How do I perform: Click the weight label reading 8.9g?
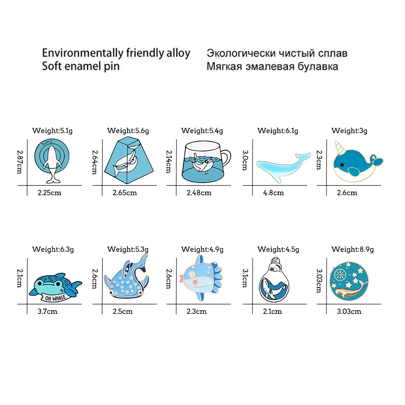click(x=353, y=249)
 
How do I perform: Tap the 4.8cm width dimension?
click(x=273, y=193)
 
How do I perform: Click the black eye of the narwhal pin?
click(x=342, y=165)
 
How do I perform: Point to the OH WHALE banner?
click(x=55, y=298)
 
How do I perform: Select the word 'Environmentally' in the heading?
click(x=83, y=53)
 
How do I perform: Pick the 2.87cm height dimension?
click(x=20, y=162)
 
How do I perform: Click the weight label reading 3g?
click(x=349, y=131)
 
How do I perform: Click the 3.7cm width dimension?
click(x=47, y=311)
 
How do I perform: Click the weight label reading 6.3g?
click(x=53, y=249)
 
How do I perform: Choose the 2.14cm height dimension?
click(x=168, y=162)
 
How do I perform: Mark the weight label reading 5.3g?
click(x=128, y=249)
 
